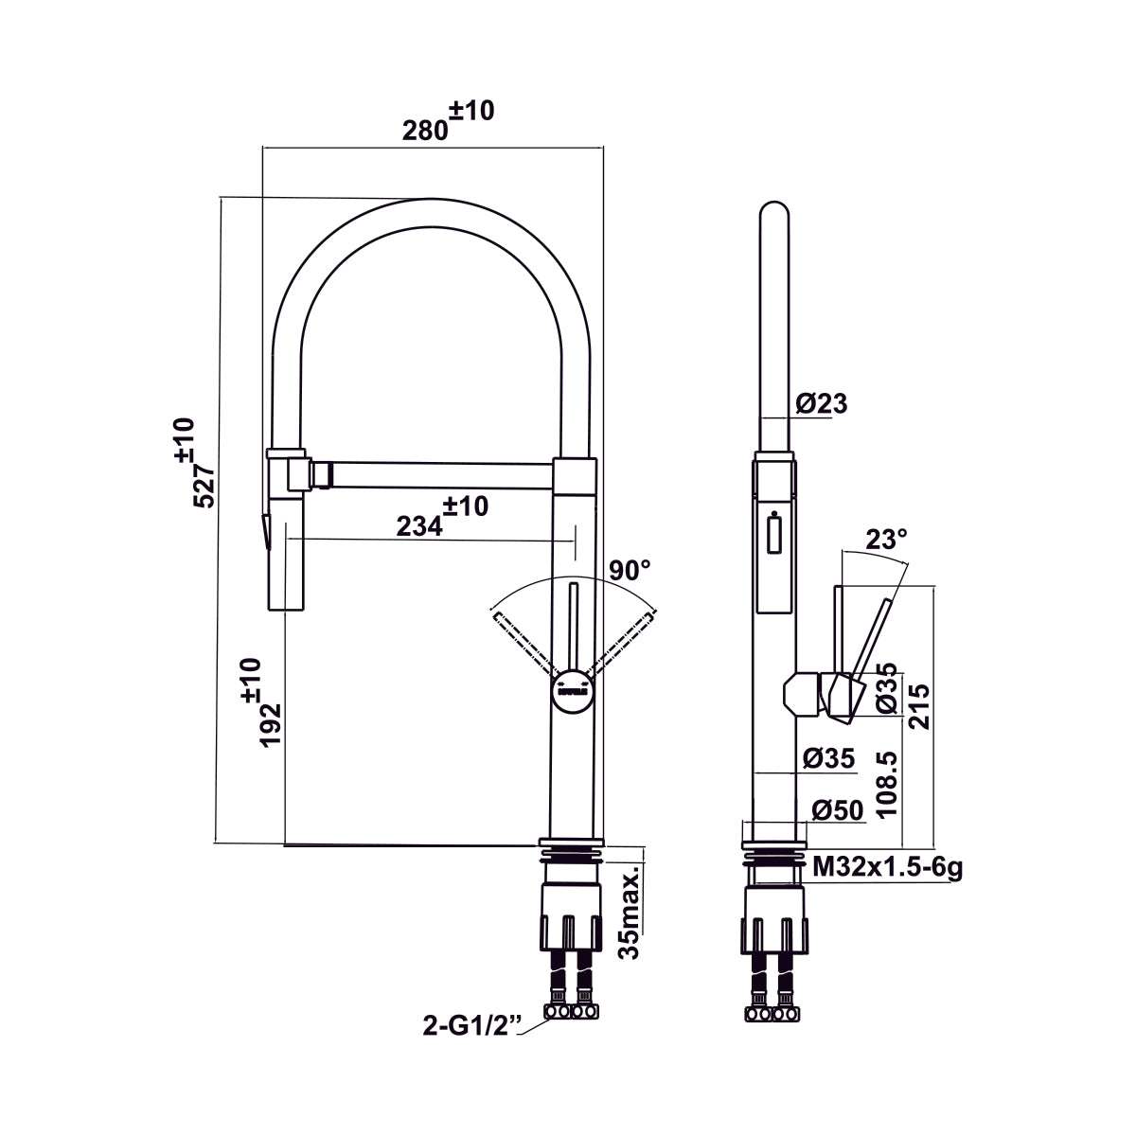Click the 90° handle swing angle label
630,571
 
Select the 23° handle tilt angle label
886,540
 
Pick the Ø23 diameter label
821,404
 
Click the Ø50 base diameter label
837,810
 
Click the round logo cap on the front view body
573,685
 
